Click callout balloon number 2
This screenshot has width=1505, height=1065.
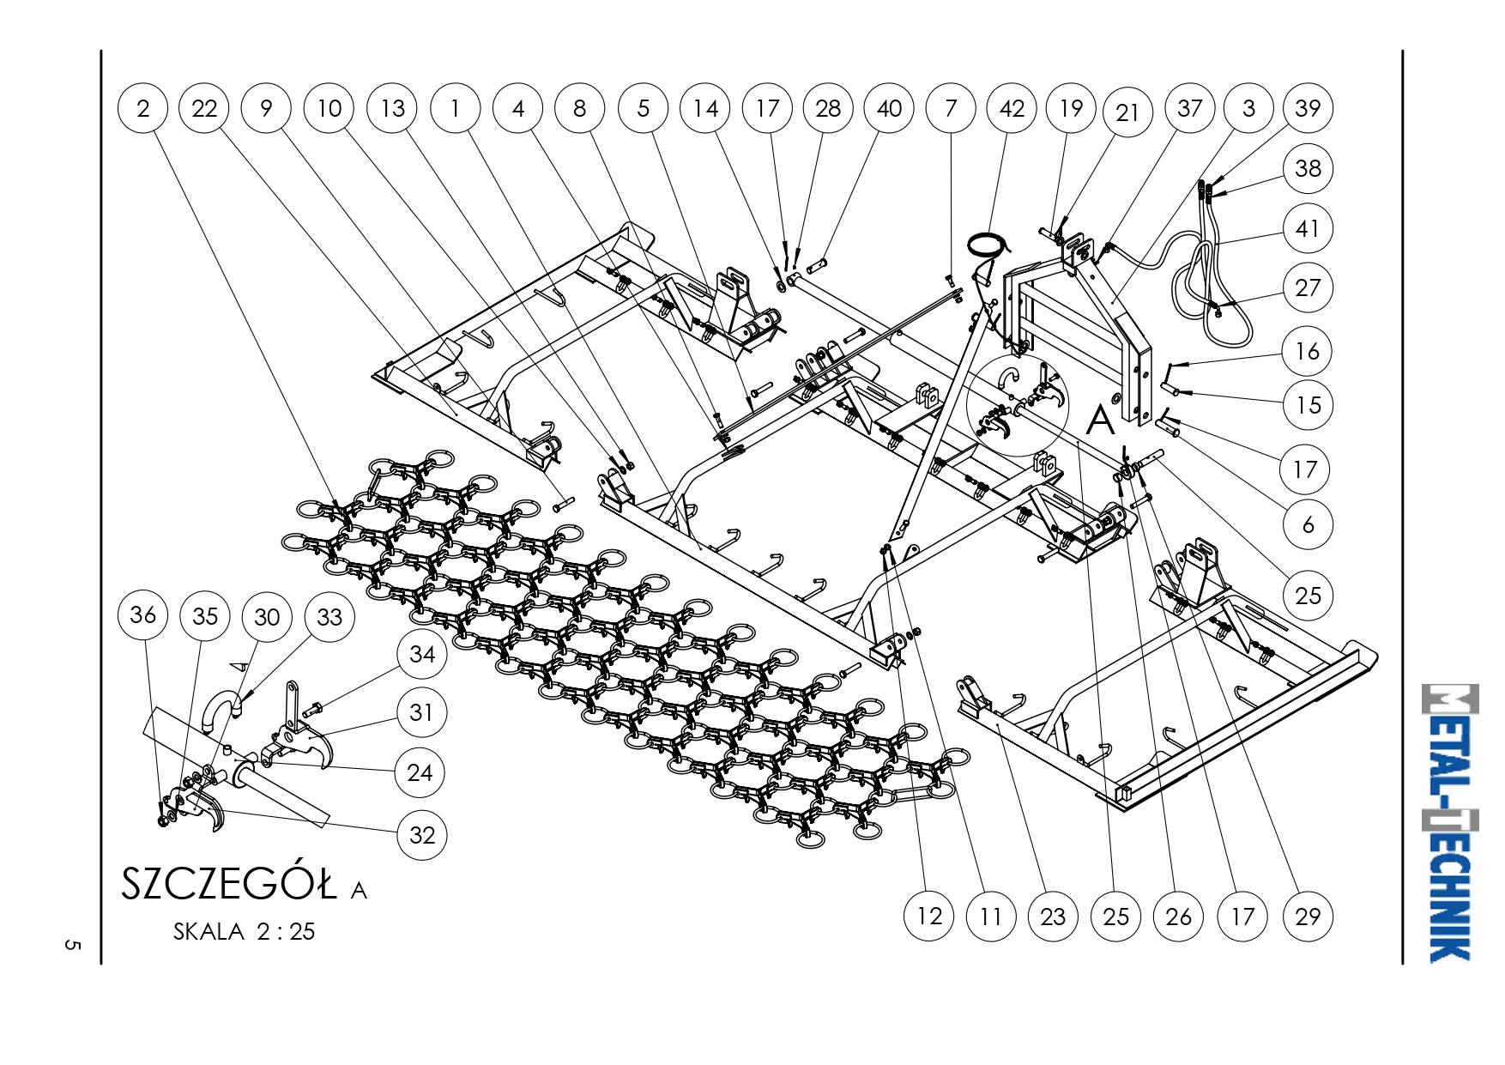click(143, 108)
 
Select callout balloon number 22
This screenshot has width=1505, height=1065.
click(204, 108)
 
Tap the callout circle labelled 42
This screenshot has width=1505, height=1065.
click(1012, 108)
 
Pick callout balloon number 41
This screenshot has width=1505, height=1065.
click(1308, 228)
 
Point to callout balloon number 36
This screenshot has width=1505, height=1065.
click(143, 614)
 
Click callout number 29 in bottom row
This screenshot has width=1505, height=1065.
click(1308, 917)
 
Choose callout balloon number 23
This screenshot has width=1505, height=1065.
click(1053, 917)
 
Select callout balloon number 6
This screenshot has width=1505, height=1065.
click(1308, 524)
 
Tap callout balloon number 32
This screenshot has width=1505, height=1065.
click(421, 834)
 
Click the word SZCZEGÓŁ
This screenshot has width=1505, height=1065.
click(229, 884)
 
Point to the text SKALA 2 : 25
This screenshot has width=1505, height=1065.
click(244, 932)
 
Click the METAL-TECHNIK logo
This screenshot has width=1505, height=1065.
click(1450, 822)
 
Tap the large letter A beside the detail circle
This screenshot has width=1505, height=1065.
click(1100, 421)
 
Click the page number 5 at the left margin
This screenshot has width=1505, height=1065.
click(72, 945)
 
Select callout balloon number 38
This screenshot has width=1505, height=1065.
click(1308, 168)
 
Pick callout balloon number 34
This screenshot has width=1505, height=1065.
click(421, 654)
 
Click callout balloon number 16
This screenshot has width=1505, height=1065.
click(1308, 351)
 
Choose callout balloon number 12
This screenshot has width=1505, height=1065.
click(929, 917)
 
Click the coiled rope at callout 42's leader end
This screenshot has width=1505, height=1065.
click(984, 245)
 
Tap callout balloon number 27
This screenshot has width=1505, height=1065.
click(1308, 287)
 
